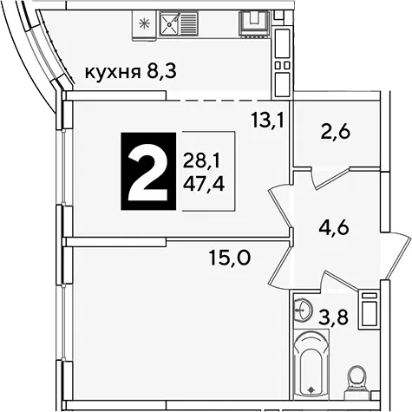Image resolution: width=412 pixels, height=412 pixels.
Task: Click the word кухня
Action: click(x=112, y=73)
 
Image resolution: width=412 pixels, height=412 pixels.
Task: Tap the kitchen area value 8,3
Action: click(x=161, y=71)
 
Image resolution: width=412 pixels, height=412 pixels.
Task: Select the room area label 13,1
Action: click(x=267, y=121)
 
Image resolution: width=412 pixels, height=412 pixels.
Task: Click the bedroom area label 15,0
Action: click(x=230, y=258)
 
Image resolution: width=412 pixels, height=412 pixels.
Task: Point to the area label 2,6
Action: click(x=336, y=133)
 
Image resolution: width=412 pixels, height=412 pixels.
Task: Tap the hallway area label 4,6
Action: click(x=334, y=228)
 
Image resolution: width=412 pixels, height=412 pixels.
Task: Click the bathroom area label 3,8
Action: click(x=334, y=317)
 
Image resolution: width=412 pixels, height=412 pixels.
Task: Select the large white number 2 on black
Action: click(x=148, y=171)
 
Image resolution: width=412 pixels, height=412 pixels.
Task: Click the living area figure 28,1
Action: click(x=201, y=161)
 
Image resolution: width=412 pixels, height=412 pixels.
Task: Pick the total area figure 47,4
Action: click(x=204, y=184)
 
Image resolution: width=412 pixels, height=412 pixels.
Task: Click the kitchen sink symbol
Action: click(x=179, y=23)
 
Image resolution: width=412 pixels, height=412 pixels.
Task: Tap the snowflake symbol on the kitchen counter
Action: click(x=143, y=23)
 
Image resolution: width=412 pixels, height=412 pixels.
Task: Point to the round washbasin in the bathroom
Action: click(x=302, y=310)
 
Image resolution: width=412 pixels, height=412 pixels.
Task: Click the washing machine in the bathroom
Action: click(x=368, y=311)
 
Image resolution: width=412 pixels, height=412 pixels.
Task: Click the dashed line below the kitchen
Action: click(x=228, y=101)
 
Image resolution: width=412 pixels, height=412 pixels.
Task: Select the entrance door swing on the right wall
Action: click(x=397, y=256)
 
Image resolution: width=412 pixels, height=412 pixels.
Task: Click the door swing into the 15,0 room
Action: click(x=279, y=265)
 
